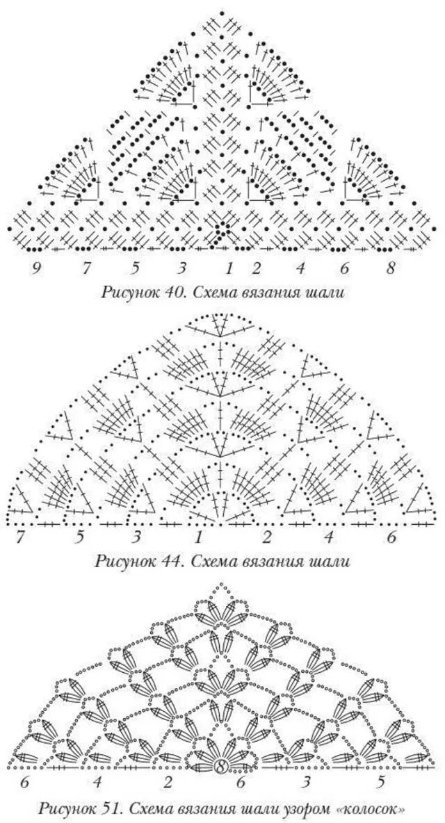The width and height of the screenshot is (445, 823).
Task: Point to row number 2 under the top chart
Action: [257, 267]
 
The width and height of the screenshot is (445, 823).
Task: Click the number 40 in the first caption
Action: [170, 293]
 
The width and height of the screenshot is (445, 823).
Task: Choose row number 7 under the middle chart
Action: [20, 537]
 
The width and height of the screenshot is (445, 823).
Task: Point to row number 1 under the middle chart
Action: [199, 537]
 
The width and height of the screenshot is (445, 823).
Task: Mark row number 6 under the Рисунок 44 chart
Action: [391, 537]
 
